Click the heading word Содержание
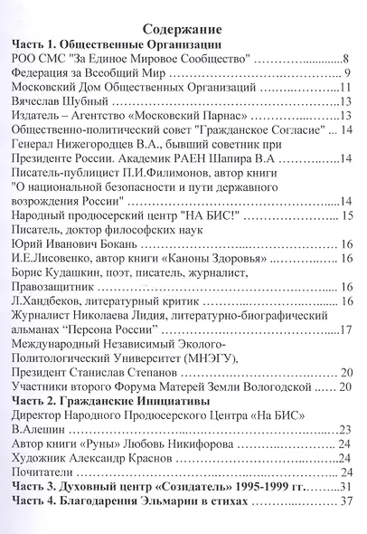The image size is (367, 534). click(x=183, y=26)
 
